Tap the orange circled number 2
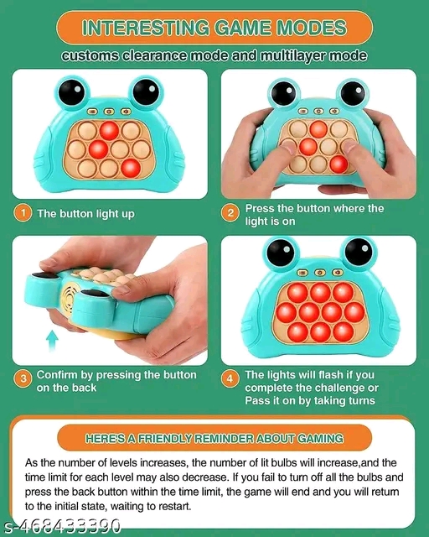coord(230,213)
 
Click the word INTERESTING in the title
coord(133,28)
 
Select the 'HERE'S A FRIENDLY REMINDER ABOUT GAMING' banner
coord(214,438)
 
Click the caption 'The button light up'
coord(85,214)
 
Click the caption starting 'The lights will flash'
coord(311,388)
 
